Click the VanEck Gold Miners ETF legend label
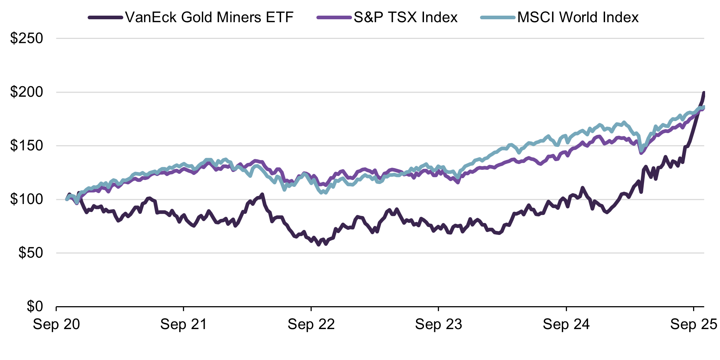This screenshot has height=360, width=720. (209, 17)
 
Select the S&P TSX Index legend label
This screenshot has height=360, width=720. (405, 17)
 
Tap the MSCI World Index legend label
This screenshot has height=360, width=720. (578, 17)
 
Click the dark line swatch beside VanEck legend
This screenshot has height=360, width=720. (105, 17)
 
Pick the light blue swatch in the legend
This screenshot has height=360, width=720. (498, 17)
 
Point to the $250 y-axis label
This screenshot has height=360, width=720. (27, 39)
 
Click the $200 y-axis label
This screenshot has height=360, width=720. (27, 92)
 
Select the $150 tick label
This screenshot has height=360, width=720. (27, 146)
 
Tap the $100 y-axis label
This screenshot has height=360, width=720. (27, 199)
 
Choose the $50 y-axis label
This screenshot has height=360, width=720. (31, 253)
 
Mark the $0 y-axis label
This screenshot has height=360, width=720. (35, 307)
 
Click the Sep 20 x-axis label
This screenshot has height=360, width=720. (56, 324)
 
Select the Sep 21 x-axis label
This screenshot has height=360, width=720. (184, 324)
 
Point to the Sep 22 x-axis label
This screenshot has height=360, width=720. (311, 324)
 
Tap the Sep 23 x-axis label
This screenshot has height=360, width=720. (439, 324)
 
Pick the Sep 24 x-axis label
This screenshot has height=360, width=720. (566, 324)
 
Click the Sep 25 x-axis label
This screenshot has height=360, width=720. (693, 324)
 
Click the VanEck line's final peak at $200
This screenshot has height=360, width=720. (704, 93)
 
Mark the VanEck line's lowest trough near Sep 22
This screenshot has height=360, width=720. (319, 245)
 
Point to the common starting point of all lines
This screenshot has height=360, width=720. (67, 199)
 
